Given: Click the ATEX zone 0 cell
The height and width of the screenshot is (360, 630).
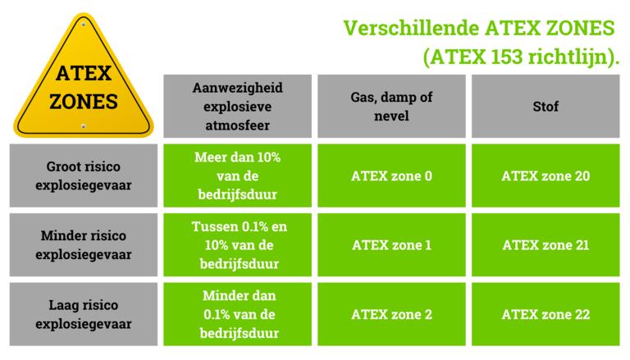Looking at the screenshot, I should (391, 175).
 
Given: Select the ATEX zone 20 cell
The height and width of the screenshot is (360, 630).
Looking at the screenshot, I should (546, 175).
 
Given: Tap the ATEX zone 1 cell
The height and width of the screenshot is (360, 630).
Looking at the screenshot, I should (391, 244).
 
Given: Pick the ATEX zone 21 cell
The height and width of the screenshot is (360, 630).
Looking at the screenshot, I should (546, 244).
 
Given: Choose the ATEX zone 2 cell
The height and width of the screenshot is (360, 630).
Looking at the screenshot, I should (391, 314).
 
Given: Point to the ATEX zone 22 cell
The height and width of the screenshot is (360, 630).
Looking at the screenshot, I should (546, 314).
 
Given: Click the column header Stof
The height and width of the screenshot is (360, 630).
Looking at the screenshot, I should (546, 107).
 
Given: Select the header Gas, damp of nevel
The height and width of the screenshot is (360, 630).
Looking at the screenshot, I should (391, 107).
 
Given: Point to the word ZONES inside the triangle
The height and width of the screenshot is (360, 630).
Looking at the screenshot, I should (83, 103).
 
